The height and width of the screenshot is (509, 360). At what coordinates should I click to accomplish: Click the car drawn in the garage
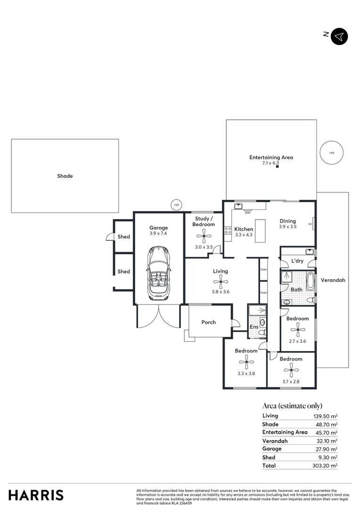pos(159,272)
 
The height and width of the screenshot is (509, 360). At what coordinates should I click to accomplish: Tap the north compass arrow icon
pos(339,36)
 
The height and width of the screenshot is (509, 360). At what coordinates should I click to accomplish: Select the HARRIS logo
pos(36,495)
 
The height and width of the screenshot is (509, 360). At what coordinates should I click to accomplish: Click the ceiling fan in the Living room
pos(220,283)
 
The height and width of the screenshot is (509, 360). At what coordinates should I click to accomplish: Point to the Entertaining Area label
pos(271,157)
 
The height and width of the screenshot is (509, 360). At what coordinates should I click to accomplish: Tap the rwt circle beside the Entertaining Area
pos(332,153)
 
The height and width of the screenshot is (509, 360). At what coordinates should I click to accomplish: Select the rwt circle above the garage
pos(176,205)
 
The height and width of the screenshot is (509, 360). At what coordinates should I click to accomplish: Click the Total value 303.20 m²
pos(326,466)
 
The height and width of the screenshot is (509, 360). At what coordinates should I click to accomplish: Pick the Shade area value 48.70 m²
pos(326,425)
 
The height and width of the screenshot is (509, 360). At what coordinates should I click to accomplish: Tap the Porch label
pos(208,322)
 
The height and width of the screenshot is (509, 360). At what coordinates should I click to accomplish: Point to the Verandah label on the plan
pos(333,280)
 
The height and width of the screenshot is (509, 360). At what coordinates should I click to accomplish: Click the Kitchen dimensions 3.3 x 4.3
pos(244,234)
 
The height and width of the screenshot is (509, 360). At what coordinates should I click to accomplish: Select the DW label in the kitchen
pos(247,213)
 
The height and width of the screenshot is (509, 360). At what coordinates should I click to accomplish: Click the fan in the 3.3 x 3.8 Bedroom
pos(246,362)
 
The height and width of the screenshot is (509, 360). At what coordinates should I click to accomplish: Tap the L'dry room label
pos(297,261)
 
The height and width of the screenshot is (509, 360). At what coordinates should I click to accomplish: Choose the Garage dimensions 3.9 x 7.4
pos(158,233)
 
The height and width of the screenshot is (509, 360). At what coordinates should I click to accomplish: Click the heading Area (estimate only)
pos(292,406)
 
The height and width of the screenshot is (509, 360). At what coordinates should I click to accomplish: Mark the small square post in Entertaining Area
pos(278,166)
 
